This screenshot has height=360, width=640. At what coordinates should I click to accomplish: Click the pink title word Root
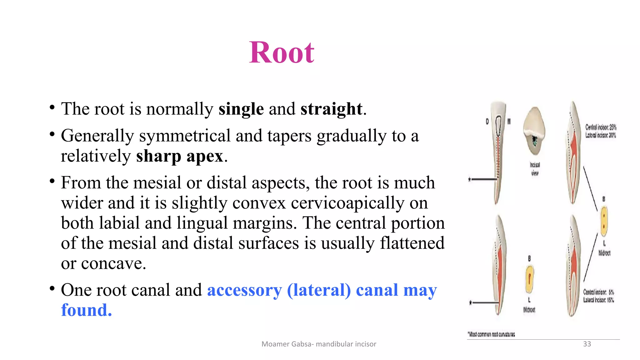[x=282, y=52]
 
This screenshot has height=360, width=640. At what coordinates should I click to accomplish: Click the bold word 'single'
[x=241, y=109]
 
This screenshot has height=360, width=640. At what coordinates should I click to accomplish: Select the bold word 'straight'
[x=331, y=109]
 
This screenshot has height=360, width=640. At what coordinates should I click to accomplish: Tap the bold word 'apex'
[x=205, y=156]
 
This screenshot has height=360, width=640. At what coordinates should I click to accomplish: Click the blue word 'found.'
[x=86, y=310]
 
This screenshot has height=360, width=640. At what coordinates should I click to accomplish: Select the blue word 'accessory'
[x=244, y=290]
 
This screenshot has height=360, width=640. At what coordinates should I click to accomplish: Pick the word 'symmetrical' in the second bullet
[x=185, y=136]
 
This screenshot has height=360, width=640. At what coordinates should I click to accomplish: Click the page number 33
[x=587, y=344]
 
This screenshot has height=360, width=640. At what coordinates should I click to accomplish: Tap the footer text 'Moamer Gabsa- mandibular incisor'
[x=319, y=344]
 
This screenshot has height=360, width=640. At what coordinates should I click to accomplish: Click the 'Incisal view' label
[x=535, y=169]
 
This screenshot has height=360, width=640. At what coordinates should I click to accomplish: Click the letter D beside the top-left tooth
[x=487, y=122]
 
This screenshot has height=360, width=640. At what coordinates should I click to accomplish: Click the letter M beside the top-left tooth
[x=509, y=122]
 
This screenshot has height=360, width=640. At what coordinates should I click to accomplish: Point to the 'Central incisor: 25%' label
[x=601, y=127]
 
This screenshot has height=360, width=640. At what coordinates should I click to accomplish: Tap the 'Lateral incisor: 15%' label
[x=598, y=300]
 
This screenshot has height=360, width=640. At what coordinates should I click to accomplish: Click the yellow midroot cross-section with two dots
[x=604, y=221]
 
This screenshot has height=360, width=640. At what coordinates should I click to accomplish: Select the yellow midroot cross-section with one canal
[x=529, y=279]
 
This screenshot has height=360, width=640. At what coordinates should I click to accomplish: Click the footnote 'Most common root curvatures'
[x=491, y=334]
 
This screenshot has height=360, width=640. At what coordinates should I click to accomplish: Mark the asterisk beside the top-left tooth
[x=469, y=179]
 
